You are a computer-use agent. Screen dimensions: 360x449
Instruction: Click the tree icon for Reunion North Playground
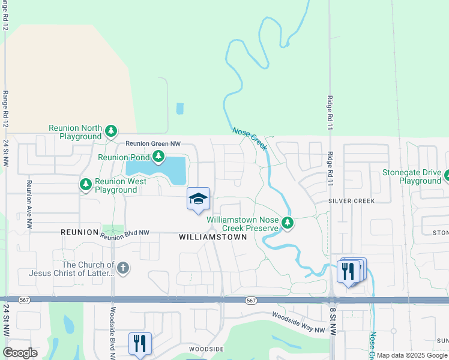(x=110, y=131)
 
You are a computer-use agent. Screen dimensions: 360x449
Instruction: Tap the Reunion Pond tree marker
(x=158, y=157)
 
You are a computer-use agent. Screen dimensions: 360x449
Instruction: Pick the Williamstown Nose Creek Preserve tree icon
(x=288, y=223)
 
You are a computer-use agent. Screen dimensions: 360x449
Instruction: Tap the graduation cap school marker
(x=199, y=200)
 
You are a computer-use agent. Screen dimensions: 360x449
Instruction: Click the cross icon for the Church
(x=123, y=268)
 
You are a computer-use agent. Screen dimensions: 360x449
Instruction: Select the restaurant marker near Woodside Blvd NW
(x=139, y=344)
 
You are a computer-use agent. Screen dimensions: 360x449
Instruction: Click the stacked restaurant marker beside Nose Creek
(x=350, y=272)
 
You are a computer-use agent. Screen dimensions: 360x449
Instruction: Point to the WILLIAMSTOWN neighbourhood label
(x=213, y=237)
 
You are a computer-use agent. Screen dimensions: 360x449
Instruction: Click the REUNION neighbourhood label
(x=79, y=232)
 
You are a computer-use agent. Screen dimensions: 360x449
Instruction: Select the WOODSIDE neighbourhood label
(x=206, y=349)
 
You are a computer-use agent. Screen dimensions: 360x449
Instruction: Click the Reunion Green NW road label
(x=152, y=144)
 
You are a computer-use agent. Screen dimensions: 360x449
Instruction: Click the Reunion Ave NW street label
(x=28, y=205)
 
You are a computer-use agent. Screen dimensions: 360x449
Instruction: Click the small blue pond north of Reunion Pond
(x=180, y=109)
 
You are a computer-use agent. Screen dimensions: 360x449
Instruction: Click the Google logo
(x=20, y=352)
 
